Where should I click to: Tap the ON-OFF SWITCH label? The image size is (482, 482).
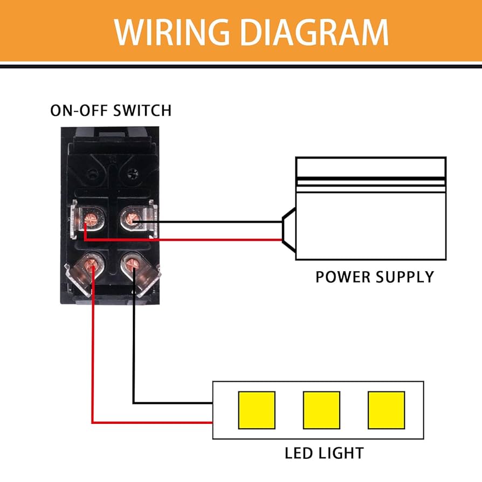[111, 111]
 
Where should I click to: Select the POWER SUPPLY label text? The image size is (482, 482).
[374, 277]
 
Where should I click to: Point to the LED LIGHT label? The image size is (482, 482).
[324, 453]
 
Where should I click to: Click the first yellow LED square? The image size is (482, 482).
[257, 410]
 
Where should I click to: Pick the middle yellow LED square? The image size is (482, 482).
[321, 410]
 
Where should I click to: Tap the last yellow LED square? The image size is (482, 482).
[386, 410]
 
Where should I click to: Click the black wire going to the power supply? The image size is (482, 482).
[216, 221]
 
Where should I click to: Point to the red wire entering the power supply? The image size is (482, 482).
[216, 239]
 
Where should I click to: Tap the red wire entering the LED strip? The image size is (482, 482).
[162, 422]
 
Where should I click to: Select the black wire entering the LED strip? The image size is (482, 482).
[173, 403]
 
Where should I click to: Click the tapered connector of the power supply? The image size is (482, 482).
[288, 230]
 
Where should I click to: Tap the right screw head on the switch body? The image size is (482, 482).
[133, 173]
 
